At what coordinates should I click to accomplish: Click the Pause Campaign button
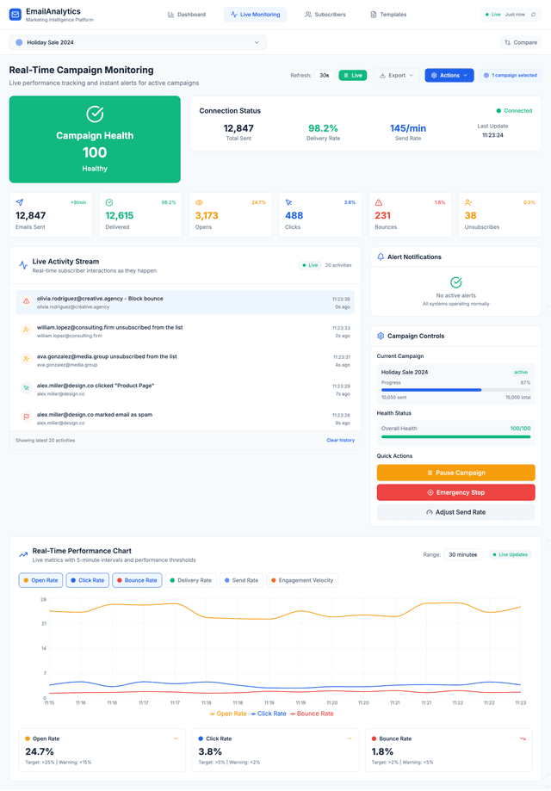(x=455, y=473)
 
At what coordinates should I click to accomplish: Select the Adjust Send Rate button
(x=455, y=512)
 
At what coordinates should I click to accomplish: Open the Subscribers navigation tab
(x=325, y=15)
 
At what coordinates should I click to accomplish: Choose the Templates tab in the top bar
(x=388, y=15)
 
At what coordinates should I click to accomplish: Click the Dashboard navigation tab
(x=187, y=15)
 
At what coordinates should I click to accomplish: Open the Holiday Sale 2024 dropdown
(x=138, y=42)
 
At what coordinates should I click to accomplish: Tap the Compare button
(x=521, y=42)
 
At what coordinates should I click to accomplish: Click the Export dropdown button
(x=396, y=76)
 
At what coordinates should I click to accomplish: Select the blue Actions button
(x=449, y=76)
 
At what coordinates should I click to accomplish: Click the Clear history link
(x=340, y=440)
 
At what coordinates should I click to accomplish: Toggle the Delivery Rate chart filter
(x=190, y=580)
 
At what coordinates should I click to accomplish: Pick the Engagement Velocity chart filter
(x=301, y=580)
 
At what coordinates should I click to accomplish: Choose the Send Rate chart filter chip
(x=241, y=580)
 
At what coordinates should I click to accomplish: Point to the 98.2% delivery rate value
(x=323, y=128)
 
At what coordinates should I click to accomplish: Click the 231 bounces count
(x=383, y=215)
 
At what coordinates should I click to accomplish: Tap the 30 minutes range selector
(x=463, y=554)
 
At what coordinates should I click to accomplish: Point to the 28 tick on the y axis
(x=43, y=599)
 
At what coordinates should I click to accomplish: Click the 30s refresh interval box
(x=325, y=76)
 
